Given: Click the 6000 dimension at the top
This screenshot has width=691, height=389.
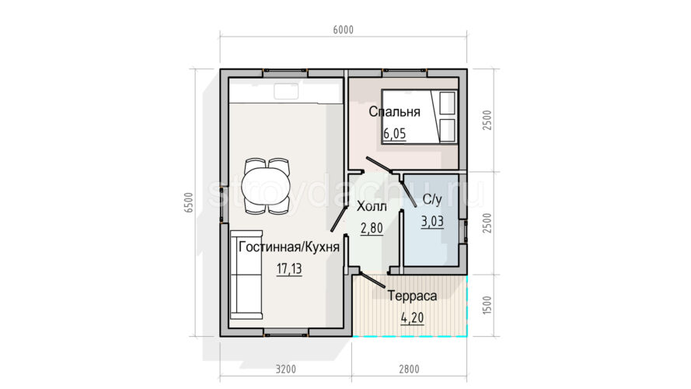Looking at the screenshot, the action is [344, 30].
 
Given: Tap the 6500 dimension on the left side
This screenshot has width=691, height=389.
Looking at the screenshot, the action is [189, 203].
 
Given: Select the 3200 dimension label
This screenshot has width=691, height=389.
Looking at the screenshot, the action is [286, 369].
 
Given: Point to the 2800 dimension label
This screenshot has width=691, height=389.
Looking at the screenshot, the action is [409, 369].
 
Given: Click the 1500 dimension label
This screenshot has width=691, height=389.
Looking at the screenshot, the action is [487, 305].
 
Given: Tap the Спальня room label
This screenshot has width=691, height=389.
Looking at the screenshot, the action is [394, 111].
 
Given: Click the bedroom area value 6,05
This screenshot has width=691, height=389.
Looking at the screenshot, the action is [394, 133].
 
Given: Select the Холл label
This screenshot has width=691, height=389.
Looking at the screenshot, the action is [372, 206].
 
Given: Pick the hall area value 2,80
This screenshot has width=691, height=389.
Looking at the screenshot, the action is [372, 228].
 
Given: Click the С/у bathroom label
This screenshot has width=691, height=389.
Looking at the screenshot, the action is [432, 200].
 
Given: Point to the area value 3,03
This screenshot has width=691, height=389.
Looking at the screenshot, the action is [432, 221].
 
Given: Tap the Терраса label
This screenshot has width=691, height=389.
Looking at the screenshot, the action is [412, 296].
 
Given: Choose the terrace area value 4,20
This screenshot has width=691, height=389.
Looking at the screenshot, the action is [412, 317].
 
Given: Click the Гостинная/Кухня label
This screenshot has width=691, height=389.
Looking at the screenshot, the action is [289, 247].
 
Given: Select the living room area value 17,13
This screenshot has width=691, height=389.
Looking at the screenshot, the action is [289, 268].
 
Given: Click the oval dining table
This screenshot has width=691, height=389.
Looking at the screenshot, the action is [267, 186].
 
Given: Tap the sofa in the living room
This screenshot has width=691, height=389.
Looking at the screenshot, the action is [246, 275].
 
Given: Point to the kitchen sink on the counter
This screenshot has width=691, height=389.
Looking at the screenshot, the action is [287, 91].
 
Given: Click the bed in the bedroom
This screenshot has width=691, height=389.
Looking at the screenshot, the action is [420, 117].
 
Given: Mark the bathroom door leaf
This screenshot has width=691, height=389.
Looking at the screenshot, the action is [410, 192].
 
